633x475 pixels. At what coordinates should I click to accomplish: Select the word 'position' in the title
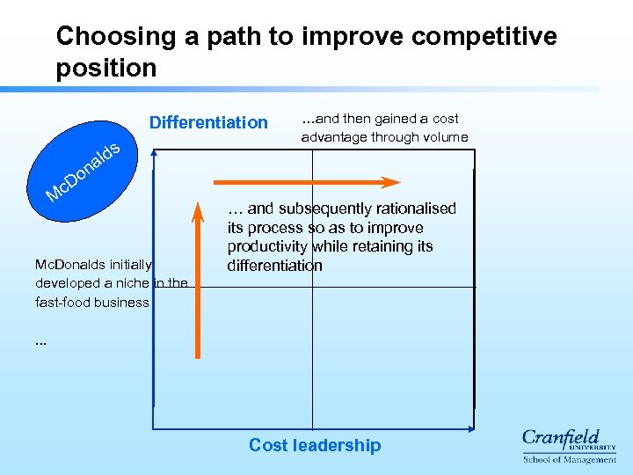[105, 68]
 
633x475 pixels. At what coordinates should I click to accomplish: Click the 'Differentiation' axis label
[208, 122]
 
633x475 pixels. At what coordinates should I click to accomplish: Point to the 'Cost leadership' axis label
[315, 445]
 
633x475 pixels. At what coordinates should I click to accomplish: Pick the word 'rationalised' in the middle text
[414, 208]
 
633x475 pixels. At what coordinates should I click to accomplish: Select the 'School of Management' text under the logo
[570, 459]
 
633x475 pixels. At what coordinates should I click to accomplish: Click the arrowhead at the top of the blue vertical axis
[154, 152]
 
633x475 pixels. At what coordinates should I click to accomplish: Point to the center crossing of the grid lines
[312, 287]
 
